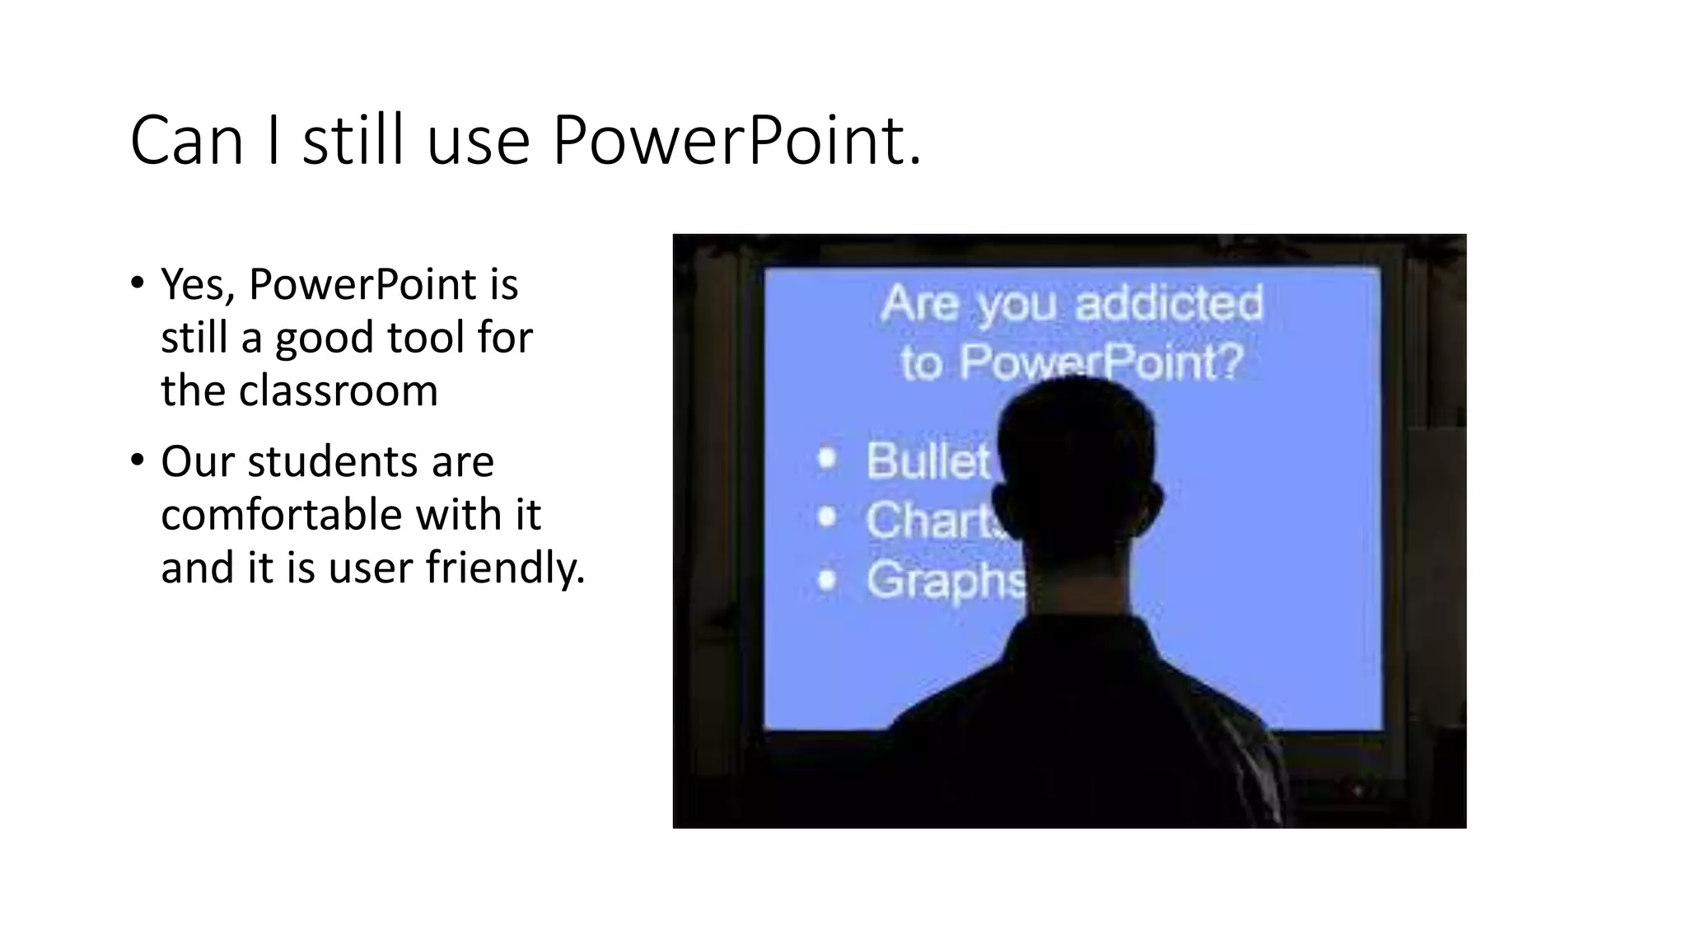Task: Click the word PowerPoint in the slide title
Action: (x=736, y=141)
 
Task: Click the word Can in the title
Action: (x=187, y=141)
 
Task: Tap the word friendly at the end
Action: (x=504, y=568)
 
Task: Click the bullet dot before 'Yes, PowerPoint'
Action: (x=137, y=283)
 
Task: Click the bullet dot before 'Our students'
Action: (x=137, y=460)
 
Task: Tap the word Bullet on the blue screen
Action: (x=928, y=460)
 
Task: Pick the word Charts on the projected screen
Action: (x=934, y=521)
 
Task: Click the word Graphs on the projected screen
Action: (x=946, y=581)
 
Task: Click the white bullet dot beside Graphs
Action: (x=827, y=581)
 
